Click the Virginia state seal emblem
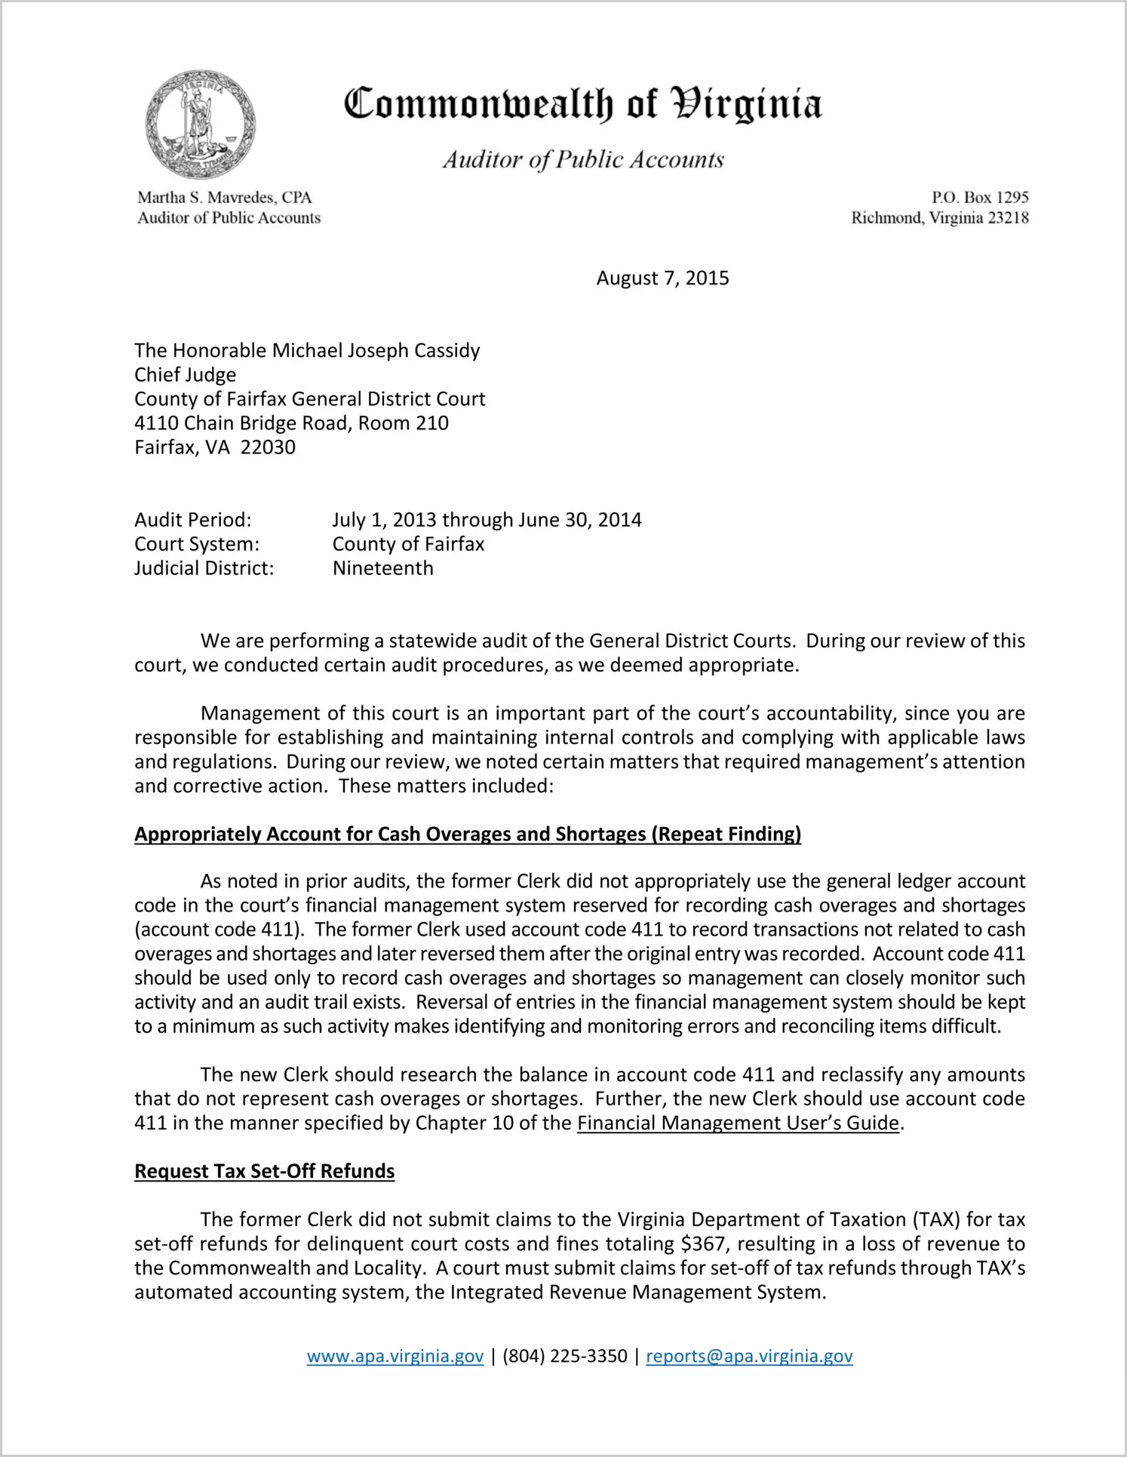[x=200, y=124]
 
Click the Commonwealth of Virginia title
[x=582, y=105]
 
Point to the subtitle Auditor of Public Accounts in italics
[x=582, y=160]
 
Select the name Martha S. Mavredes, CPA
[x=224, y=198]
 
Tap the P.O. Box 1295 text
[x=979, y=198]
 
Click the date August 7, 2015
[x=662, y=278]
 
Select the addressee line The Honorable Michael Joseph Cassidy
[x=307, y=351]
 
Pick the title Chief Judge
[x=185, y=375]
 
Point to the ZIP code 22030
[x=268, y=447]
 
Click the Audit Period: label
[x=192, y=520]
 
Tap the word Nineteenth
[x=383, y=568]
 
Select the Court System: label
[x=196, y=544]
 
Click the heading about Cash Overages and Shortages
[x=467, y=834]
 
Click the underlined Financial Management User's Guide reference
[x=738, y=1123]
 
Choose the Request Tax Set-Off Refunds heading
[x=264, y=1171]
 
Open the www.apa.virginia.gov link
[x=395, y=1357]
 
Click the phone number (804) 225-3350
[x=564, y=1357]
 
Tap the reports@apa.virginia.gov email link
[x=749, y=1357]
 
